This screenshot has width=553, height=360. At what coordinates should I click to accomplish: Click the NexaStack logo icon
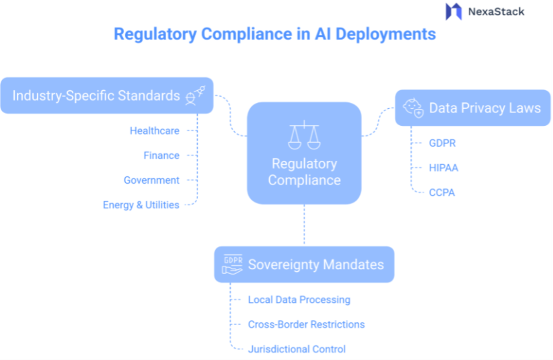click(x=453, y=11)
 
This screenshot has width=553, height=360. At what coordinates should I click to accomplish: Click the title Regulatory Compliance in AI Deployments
click(x=274, y=34)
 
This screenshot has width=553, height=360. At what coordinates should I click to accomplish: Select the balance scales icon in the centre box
click(x=304, y=135)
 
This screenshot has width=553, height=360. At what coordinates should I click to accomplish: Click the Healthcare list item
click(x=155, y=131)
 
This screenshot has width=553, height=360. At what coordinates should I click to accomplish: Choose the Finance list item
click(x=161, y=155)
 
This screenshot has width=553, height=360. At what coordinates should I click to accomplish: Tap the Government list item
click(x=151, y=180)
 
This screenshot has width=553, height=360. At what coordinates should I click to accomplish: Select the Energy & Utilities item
click(x=141, y=205)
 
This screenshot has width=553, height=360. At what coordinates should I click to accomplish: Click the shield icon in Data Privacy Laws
click(x=412, y=108)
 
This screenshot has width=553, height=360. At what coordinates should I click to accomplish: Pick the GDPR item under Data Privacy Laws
click(x=443, y=143)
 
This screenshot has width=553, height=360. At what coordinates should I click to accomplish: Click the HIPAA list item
click(x=443, y=168)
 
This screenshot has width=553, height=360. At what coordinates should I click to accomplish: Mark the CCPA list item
click(x=442, y=192)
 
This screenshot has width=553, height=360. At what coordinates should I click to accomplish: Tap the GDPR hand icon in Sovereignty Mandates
click(x=232, y=264)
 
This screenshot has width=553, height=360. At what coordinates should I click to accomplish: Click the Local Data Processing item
click(x=299, y=299)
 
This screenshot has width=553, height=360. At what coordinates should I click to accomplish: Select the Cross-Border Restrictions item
click(x=306, y=324)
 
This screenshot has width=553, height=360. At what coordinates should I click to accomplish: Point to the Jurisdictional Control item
click(x=297, y=349)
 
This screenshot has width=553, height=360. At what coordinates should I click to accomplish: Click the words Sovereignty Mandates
click(x=316, y=264)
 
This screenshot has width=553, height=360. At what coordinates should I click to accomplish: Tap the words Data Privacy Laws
click(x=484, y=108)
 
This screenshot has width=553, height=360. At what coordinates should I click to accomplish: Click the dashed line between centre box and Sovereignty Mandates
click(x=304, y=225)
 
